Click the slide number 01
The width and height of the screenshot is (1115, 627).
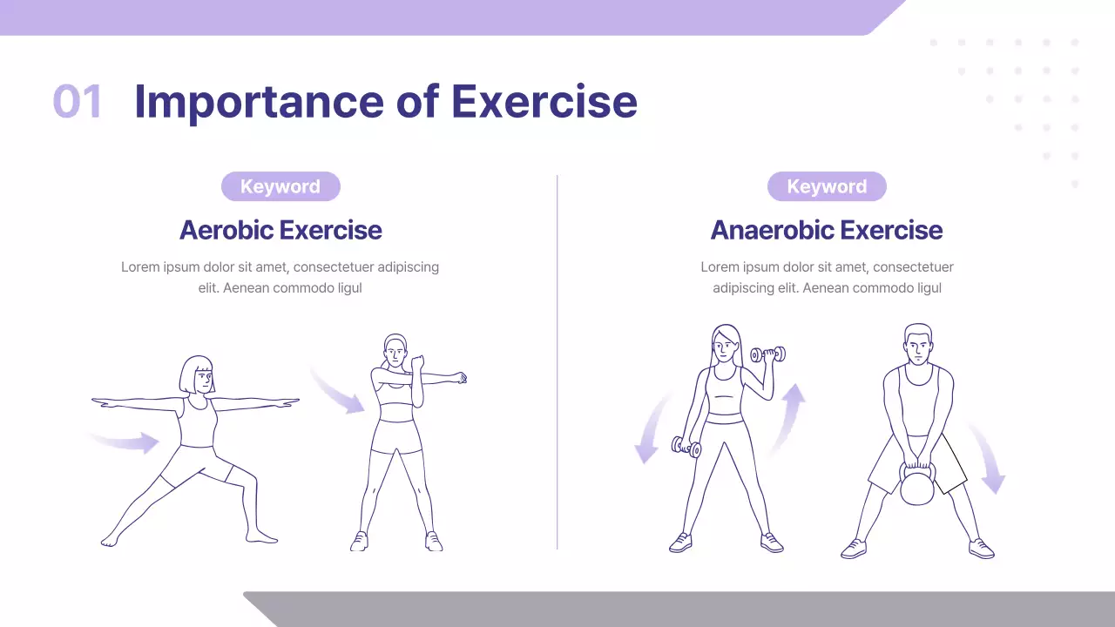pos(78,102)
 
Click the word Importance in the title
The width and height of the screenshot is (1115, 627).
pos(259,102)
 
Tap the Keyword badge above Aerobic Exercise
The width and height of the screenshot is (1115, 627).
pos(280,186)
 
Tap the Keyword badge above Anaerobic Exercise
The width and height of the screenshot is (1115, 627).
pos(827,186)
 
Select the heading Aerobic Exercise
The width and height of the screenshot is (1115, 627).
pos(280,230)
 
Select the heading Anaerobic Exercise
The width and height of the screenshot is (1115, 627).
pos(827,230)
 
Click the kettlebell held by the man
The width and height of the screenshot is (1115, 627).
pos(916,486)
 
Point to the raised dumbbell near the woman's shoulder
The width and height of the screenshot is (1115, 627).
pos(767,354)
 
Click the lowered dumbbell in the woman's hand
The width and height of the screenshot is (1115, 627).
pos(686,448)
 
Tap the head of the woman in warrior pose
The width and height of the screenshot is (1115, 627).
pos(198,375)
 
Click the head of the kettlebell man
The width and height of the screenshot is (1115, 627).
pos(918,347)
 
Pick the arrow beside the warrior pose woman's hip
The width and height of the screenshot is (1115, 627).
pos(126,442)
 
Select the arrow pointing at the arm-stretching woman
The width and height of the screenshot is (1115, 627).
pos(340,392)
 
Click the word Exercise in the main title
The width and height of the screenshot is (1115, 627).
pos(544,102)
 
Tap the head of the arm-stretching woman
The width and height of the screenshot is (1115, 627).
pos(395,351)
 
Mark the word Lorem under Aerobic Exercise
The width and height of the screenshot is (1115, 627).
pos(140,267)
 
